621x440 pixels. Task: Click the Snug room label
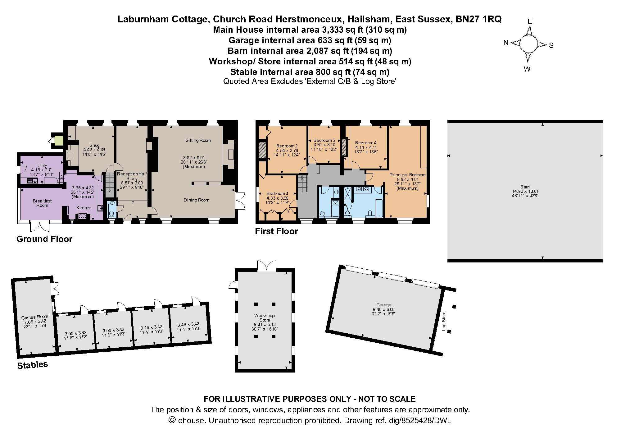tap(94, 145)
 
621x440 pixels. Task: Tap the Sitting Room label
tap(198, 140)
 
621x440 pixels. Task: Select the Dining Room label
tap(196, 200)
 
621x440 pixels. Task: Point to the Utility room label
tap(42, 165)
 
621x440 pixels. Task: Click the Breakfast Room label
tap(42, 203)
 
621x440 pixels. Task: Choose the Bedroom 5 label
tap(324, 140)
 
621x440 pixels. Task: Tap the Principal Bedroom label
tap(407, 175)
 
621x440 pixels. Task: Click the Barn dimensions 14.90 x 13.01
tap(525, 191)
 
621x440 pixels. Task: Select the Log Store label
tap(444, 321)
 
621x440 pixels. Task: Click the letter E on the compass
tap(530, 21)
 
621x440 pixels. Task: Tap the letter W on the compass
tap(527, 69)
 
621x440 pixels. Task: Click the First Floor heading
tap(276, 231)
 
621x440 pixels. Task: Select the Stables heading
tap(32, 365)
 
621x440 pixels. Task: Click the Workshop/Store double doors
tap(266, 265)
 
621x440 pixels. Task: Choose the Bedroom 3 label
tap(277, 193)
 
